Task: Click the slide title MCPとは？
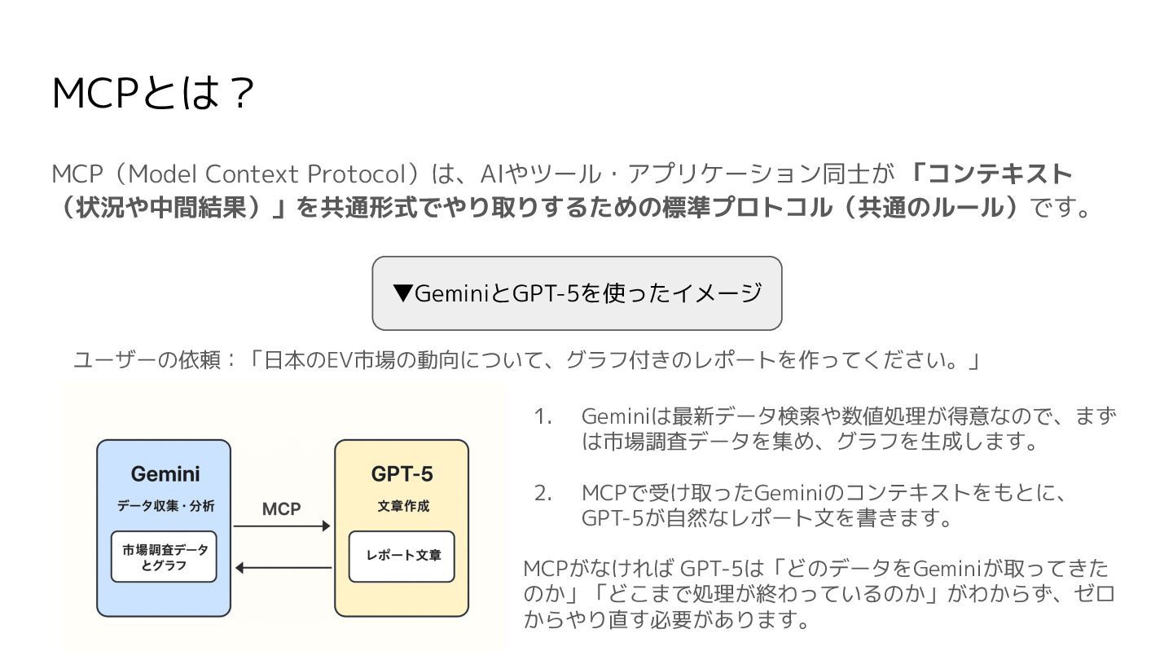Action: (152, 94)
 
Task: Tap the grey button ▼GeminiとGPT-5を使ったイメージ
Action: (577, 293)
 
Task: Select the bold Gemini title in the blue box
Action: (165, 474)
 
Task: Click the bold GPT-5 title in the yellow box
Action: (402, 474)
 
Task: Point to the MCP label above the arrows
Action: (281, 509)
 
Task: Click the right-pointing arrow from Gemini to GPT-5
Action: (282, 527)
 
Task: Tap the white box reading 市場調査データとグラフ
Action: (164, 557)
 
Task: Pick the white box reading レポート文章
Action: (402, 557)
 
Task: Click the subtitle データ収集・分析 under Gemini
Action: (165, 506)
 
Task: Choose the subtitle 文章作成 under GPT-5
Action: (402, 506)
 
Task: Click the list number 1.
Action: (543, 416)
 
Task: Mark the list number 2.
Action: (543, 493)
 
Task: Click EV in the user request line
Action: (337, 360)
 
